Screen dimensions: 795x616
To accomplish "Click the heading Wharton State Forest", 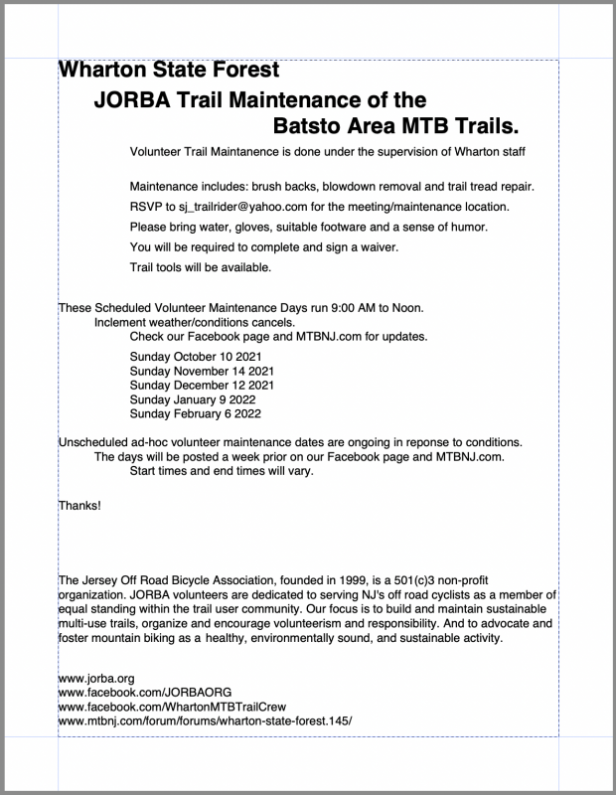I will (169, 71).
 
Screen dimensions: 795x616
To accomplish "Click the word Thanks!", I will (79, 506).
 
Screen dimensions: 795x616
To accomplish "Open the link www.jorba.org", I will (96, 678).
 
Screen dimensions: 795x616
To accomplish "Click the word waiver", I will (375, 246).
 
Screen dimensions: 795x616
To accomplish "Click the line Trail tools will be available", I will (200, 267).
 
